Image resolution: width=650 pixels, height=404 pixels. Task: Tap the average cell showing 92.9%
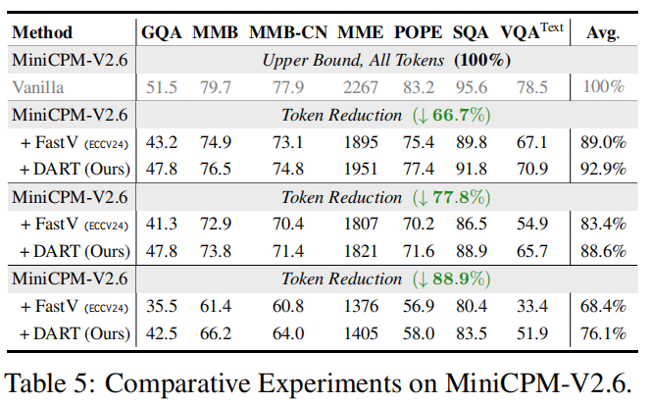tap(603, 169)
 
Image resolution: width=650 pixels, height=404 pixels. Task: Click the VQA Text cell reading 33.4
tap(534, 306)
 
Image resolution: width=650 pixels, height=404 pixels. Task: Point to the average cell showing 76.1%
tap(603, 333)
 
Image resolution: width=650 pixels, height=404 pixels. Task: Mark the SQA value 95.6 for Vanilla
tap(472, 87)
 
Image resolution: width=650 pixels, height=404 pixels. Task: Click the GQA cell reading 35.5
tap(162, 306)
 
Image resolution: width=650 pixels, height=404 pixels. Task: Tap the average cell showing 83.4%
tap(603, 224)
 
